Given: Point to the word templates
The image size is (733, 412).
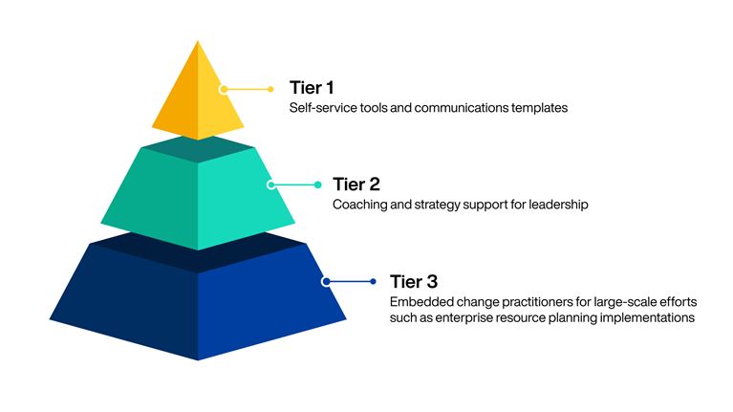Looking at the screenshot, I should pos(537,108).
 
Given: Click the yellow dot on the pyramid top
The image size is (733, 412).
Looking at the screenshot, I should pos(223,89).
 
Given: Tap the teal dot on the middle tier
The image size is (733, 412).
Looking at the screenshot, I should pos(271,184).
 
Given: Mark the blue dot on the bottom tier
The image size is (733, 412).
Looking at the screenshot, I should pos(326,281).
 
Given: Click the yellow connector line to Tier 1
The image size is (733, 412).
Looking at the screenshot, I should pos(250,89).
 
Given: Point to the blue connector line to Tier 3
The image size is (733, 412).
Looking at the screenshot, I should pos(350,281).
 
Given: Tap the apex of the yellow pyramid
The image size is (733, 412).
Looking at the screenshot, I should pos(198,42).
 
